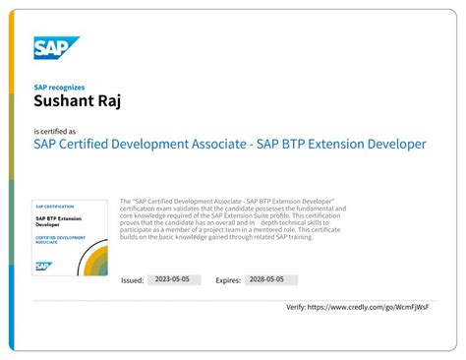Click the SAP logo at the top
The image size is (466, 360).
tap(55, 48)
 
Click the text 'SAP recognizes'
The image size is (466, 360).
tap(57, 87)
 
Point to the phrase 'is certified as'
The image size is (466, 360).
tap(54, 131)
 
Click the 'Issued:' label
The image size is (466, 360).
tap(132, 280)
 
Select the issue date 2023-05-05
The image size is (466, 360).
tap(174, 280)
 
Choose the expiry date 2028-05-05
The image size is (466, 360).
tap(269, 280)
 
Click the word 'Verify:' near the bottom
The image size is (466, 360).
tap(297, 307)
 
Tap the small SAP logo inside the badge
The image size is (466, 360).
tap(43, 266)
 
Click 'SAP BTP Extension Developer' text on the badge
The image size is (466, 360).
tap(57, 221)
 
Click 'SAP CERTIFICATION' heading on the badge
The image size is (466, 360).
tap(54, 206)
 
